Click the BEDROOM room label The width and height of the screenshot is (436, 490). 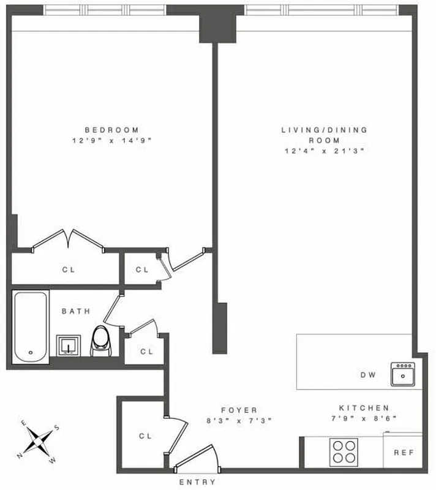tap(111, 130)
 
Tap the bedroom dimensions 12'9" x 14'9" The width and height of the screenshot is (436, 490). tap(111, 140)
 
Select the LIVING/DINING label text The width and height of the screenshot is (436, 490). tap(324, 130)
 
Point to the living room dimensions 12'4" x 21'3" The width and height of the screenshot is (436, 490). tap(324, 150)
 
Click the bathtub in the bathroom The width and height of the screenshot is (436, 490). tap(31, 328)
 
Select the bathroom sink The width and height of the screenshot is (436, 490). tap(69, 345)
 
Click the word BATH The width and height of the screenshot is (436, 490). tap(76, 311)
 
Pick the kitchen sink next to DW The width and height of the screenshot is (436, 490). tap(404, 374)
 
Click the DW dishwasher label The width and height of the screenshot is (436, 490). tap(368, 375)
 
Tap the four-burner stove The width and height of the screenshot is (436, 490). tap(344, 452)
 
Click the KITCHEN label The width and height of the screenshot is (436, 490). tap(365, 408)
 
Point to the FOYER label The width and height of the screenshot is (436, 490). tap(239, 410)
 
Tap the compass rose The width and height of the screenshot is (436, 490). tap(39, 440)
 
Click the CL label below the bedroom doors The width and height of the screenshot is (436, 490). tap(69, 269)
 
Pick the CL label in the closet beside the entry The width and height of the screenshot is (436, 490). tap(145, 436)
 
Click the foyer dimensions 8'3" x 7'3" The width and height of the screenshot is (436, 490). tap(239, 420)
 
